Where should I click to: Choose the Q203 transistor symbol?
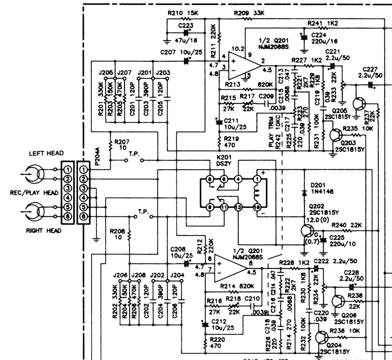(x=334, y=136)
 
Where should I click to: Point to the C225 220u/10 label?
(x=342, y=241)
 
